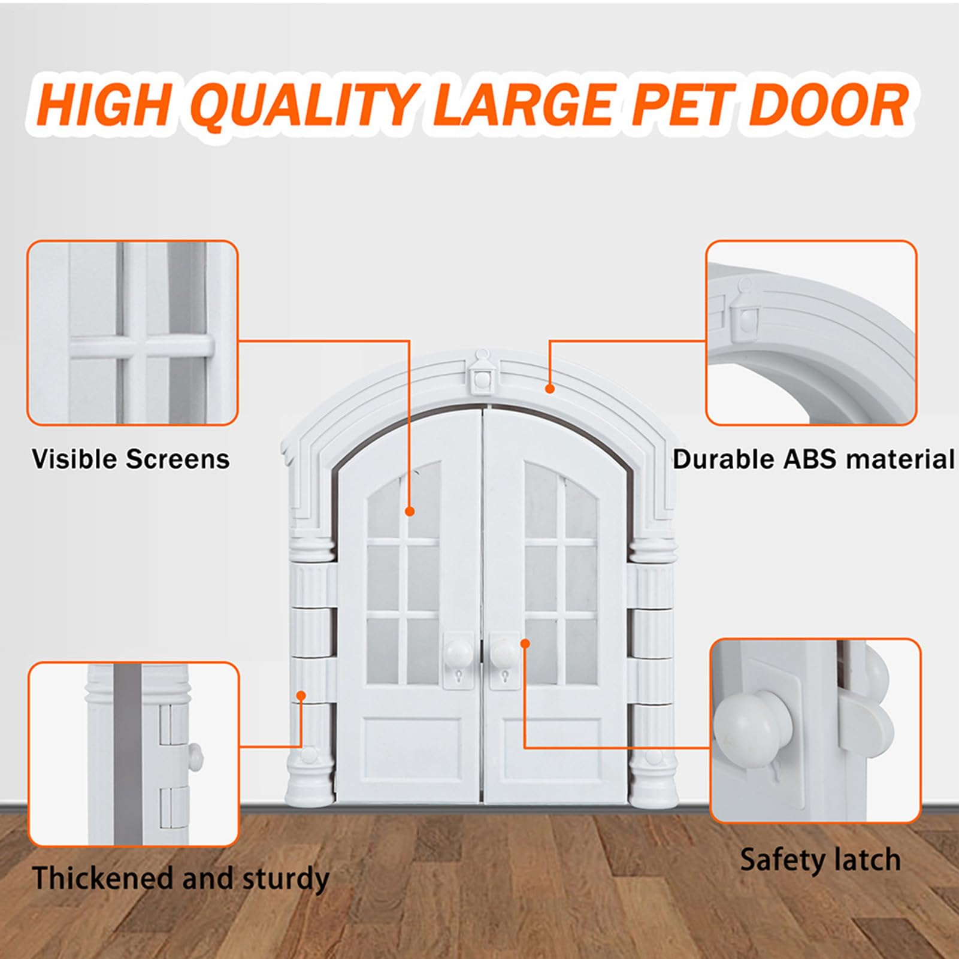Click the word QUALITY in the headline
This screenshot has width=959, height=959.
(x=306, y=106)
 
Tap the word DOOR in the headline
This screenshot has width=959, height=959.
(x=830, y=105)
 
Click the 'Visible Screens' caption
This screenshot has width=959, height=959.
(x=131, y=459)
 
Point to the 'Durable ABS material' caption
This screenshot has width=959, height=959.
(x=813, y=459)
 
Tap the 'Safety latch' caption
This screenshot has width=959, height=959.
(x=820, y=860)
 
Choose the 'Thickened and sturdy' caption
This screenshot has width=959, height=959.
(x=181, y=879)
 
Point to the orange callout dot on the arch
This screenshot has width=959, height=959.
(x=549, y=389)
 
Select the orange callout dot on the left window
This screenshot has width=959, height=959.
(x=410, y=511)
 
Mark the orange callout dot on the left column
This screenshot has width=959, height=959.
(x=301, y=695)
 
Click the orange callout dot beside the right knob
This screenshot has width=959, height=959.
(x=525, y=643)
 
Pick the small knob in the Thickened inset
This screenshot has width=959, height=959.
(x=195, y=756)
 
